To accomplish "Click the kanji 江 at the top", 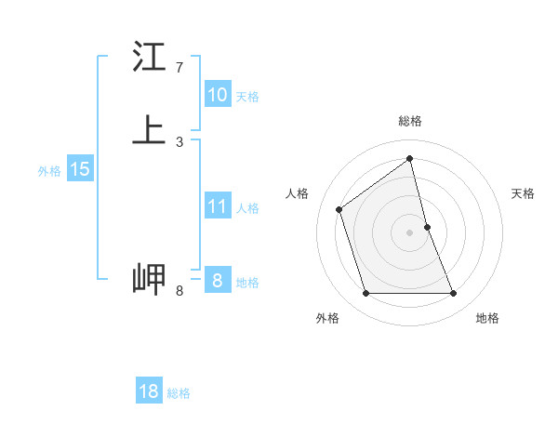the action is click(150, 58).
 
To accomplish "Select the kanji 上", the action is click(150, 130).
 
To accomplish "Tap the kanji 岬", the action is click(150, 278).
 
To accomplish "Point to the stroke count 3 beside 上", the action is click(179, 141).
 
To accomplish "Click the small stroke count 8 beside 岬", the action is click(179, 291).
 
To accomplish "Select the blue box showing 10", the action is click(217, 95).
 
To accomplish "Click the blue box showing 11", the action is click(217, 206).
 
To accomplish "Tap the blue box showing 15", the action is click(80, 169).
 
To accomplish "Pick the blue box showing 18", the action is click(149, 391).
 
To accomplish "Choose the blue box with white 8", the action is click(217, 281).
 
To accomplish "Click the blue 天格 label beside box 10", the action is click(247, 97).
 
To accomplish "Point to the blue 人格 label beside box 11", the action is click(247, 208).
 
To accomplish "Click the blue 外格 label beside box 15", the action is click(49, 171).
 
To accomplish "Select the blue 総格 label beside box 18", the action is click(179, 393).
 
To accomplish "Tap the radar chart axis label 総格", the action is click(410, 121).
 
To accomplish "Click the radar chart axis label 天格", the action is click(524, 193).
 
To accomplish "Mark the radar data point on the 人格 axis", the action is click(339, 209).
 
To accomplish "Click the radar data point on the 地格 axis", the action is click(454, 294).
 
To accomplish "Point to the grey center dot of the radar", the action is click(410, 232).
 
